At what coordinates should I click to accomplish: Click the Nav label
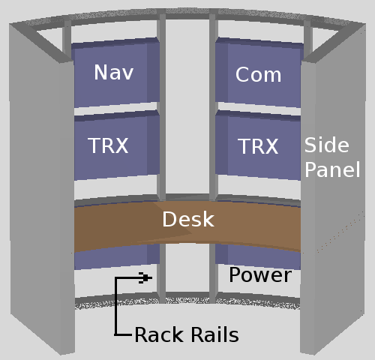[x=114, y=72]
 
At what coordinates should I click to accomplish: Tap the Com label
[x=258, y=74]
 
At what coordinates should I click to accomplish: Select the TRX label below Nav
[x=108, y=145]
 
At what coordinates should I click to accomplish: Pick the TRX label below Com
[x=258, y=146]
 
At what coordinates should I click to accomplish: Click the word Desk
[x=188, y=219]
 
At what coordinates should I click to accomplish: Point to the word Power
[x=260, y=275]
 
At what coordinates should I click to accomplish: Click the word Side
[x=326, y=145]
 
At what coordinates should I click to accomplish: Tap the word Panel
[x=332, y=169]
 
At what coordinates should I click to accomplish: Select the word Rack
[x=159, y=334]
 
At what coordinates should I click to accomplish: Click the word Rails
[x=214, y=334]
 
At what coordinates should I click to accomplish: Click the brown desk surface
[x=187, y=225]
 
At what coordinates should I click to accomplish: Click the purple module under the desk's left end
[x=117, y=256]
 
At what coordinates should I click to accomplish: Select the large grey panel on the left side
[x=42, y=187]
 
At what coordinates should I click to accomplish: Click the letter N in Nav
[x=100, y=72]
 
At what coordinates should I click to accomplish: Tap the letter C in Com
[x=242, y=74]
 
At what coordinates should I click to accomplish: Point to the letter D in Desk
[x=170, y=219]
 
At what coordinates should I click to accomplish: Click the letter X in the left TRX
[x=122, y=145]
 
